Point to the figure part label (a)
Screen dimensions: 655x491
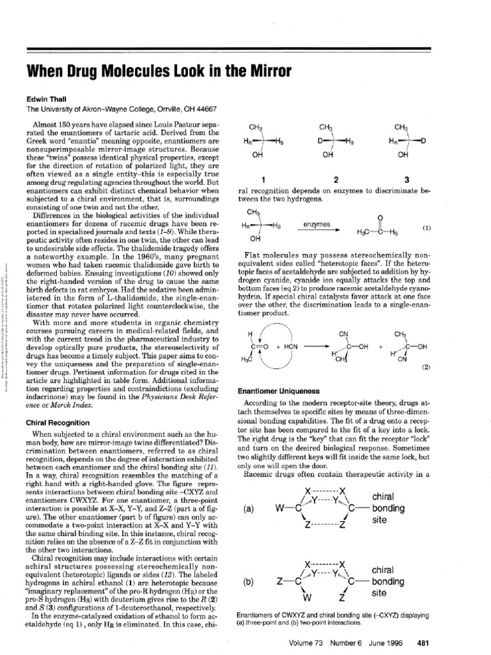251,509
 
